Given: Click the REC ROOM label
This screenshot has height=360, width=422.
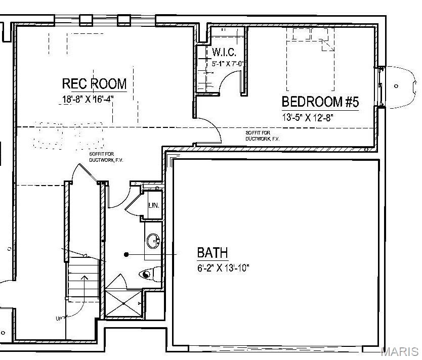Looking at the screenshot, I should coord(94,83).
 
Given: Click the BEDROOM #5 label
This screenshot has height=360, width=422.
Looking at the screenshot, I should coord(320,102).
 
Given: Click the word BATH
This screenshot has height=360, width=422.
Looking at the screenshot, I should coord(212,252).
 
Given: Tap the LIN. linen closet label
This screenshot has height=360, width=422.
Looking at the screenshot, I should coord(153,206).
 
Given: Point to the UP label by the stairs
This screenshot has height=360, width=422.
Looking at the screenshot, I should coord(60,319).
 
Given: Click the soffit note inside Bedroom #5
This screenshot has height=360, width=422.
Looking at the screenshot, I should coord(262,136).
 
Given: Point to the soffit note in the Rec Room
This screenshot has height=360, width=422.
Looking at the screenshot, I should coord(106,157).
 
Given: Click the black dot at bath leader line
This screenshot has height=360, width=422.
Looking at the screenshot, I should coord(126,254).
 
